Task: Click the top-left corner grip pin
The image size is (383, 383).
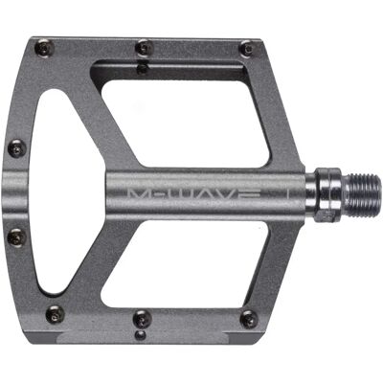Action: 44,48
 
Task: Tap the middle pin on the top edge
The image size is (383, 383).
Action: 144,48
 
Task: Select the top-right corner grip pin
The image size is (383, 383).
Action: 247,49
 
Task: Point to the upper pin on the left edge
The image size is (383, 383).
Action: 17,148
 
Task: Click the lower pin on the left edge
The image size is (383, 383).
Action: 17,237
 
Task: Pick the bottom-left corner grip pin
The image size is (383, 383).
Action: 55,314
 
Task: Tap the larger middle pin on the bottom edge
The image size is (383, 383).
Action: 142,318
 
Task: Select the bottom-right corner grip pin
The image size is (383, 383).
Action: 249,319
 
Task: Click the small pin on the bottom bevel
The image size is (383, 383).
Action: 141,335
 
